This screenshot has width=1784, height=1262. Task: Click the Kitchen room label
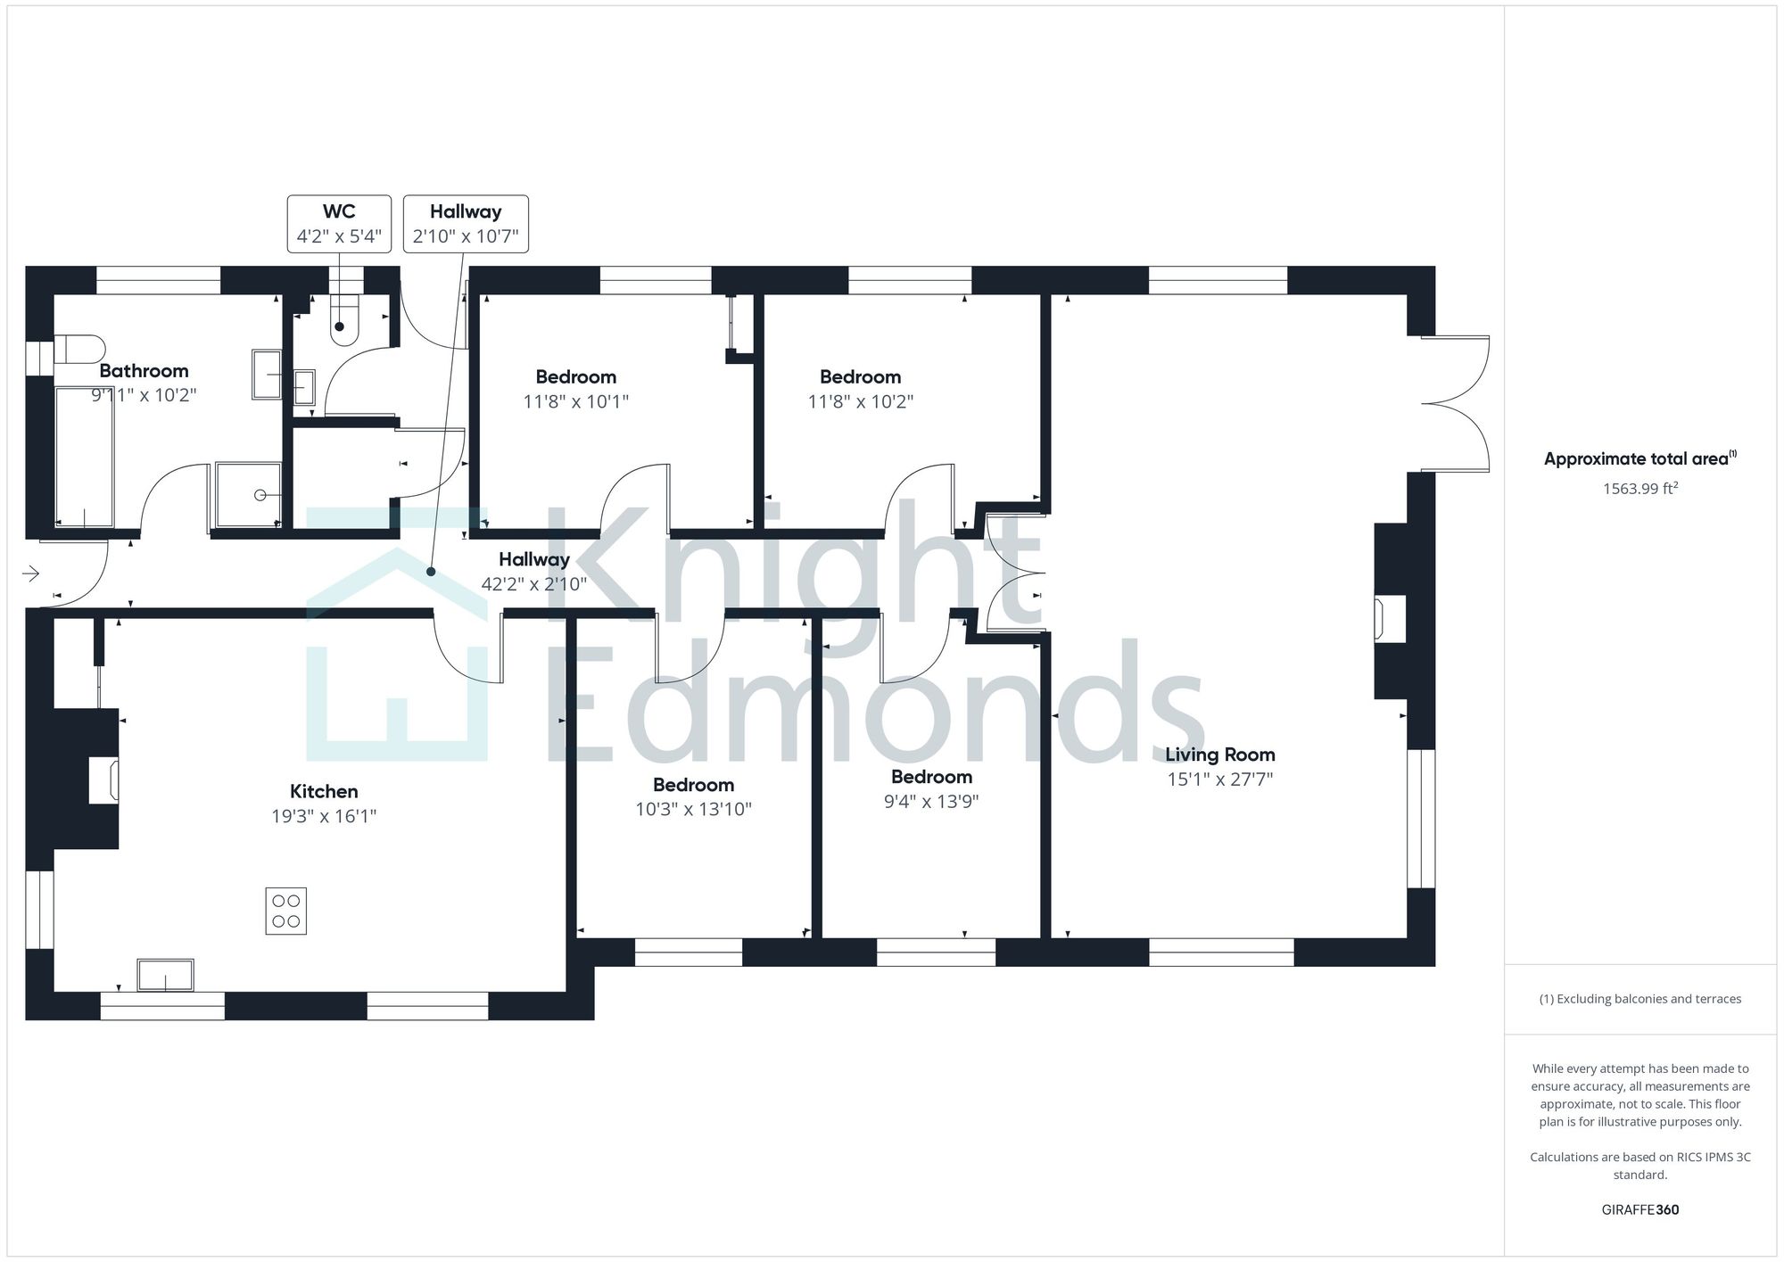324,791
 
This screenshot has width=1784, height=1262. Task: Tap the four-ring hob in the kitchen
285,911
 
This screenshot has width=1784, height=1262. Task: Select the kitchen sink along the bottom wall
165,975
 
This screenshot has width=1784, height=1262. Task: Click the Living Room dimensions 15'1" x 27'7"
1219,779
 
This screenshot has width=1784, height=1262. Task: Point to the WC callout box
339,224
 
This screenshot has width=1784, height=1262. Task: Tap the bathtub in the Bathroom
85,456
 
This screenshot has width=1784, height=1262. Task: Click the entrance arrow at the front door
31,573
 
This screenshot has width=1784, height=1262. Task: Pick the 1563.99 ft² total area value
1639,488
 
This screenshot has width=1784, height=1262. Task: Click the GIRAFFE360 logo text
1639,1209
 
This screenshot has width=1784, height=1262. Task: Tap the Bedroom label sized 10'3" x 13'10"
693,785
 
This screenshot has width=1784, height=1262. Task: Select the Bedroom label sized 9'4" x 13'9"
931,777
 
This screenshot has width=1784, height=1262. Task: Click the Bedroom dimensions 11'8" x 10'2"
860,402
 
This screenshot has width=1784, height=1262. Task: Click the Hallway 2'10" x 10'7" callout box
466,224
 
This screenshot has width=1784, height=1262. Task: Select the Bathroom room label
144,371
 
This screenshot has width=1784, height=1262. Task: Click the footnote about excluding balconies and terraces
1639,999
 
